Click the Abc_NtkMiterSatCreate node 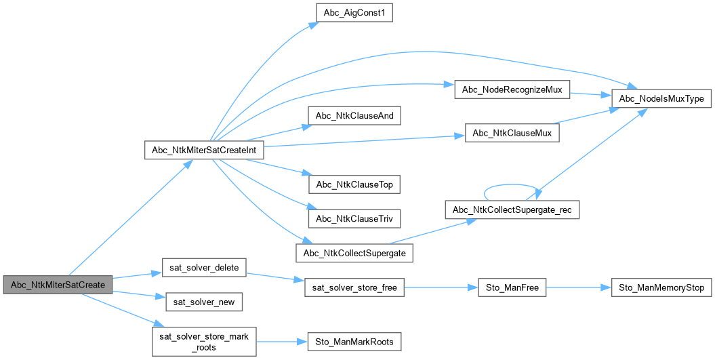pyautogui.click(x=58, y=285)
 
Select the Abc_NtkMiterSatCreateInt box pyautogui.click(x=204, y=150)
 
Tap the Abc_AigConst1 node pyautogui.click(x=354, y=12)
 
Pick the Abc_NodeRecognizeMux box pyautogui.click(x=512, y=89)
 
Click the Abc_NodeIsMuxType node pyautogui.click(x=661, y=98)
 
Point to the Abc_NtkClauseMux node pyautogui.click(x=512, y=133)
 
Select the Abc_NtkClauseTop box pyautogui.click(x=354, y=184)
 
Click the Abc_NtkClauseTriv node pyautogui.click(x=354, y=218)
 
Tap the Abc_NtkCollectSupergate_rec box pyautogui.click(x=512, y=209)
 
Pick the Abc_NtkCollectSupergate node pyautogui.click(x=354, y=253)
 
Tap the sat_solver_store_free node pyautogui.click(x=354, y=288)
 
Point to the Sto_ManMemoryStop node pyautogui.click(x=661, y=288)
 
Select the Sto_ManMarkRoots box pyautogui.click(x=354, y=340)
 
